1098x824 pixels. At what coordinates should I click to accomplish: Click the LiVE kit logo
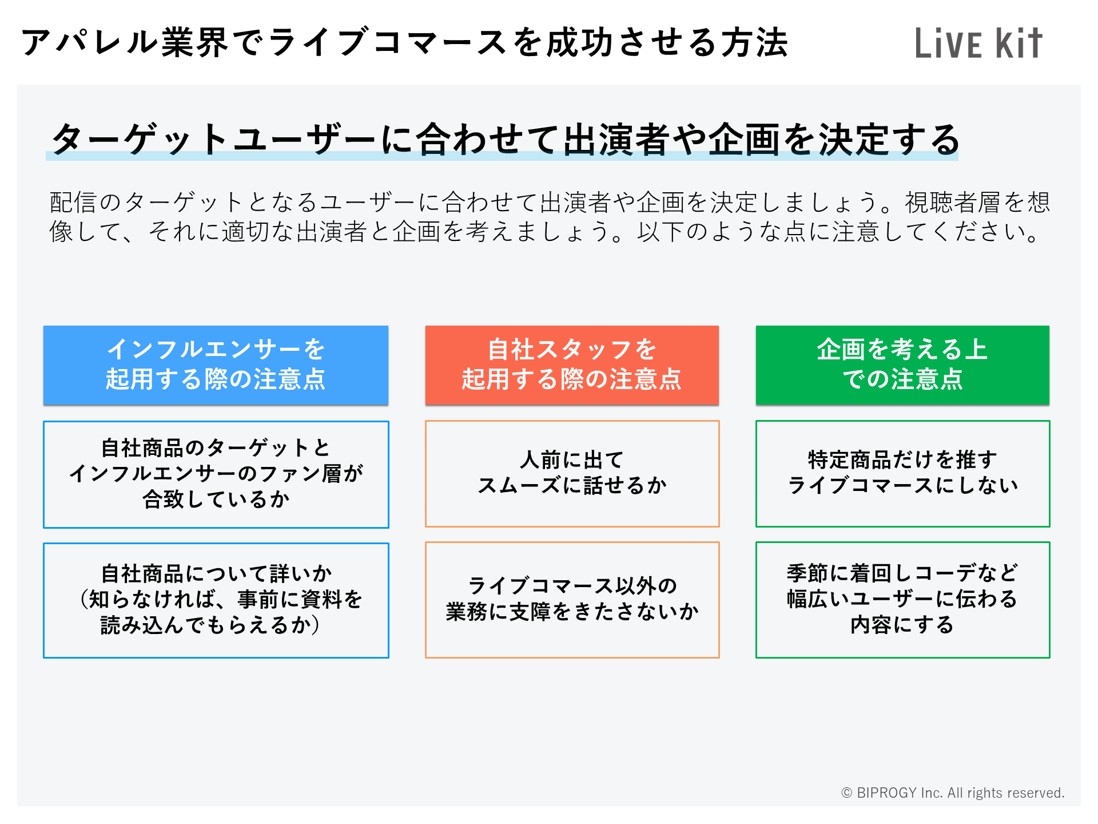pyautogui.click(x=978, y=43)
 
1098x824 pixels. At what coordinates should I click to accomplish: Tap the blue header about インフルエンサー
pyautogui.click(x=216, y=365)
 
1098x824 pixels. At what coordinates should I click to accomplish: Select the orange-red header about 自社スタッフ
pyautogui.click(x=572, y=365)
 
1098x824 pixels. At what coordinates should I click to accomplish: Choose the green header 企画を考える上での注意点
pyautogui.click(x=902, y=365)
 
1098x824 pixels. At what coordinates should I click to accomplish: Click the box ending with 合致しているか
pyautogui.click(x=216, y=474)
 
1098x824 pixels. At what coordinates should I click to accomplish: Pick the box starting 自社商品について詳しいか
pyautogui.click(x=216, y=600)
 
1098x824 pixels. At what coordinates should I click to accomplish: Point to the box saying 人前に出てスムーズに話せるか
pyautogui.click(x=572, y=474)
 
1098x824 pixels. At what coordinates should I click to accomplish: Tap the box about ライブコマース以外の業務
pyautogui.click(x=572, y=600)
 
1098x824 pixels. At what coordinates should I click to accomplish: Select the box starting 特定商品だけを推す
pyautogui.click(x=903, y=474)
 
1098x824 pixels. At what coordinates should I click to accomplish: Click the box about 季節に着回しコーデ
pyautogui.click(x=903, y=600)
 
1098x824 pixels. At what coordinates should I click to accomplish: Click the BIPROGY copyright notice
pyautogui.click(x=953, y=793)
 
